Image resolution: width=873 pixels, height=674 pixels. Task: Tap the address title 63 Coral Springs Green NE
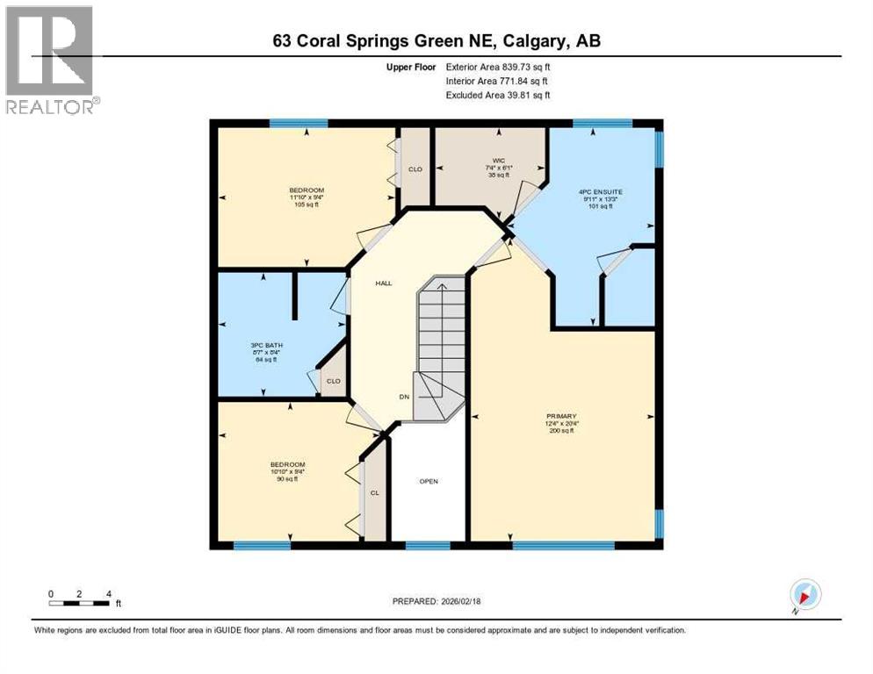436,41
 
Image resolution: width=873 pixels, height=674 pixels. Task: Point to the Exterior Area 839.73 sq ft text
498,67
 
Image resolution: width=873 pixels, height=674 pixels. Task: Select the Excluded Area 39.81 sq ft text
498,95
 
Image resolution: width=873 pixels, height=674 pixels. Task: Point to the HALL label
384,283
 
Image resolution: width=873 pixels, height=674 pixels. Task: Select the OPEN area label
428,481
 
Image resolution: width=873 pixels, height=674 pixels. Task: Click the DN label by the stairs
404,398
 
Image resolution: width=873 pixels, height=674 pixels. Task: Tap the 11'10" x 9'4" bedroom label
307,197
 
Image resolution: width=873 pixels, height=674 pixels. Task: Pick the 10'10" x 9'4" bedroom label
286,471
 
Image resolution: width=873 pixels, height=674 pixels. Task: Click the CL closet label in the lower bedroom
374,493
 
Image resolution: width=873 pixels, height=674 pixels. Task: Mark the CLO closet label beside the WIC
415,169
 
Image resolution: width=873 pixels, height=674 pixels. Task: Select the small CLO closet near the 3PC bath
333,381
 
